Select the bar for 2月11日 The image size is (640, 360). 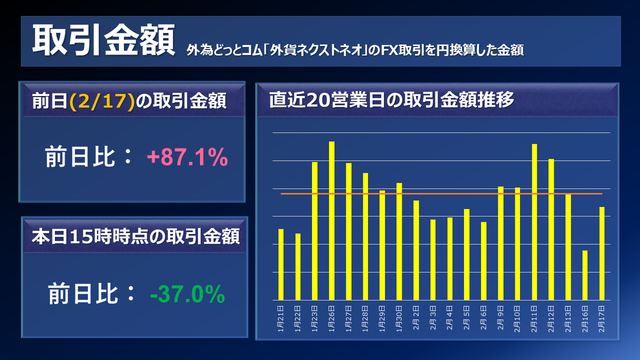click(x=534, y=222)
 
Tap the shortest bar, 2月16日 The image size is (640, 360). click(x=585, y=275)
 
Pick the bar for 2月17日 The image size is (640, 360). click(x=602, y=253)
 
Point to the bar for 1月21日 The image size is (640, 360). click(x=281, y=264)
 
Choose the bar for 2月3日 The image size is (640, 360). click(x=433, y=260)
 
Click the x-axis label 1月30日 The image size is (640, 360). click(x=399, y=319)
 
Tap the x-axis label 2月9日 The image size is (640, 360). click(x=501, y=318)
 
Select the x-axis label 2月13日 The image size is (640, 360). click(x=568, y=319)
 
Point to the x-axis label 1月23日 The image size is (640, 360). click(x=315, y=319)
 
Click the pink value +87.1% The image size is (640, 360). click(x=187, y=158)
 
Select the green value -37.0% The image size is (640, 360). click(x=187, y=294)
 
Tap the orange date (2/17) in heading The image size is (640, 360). click(x=101, y=101)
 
